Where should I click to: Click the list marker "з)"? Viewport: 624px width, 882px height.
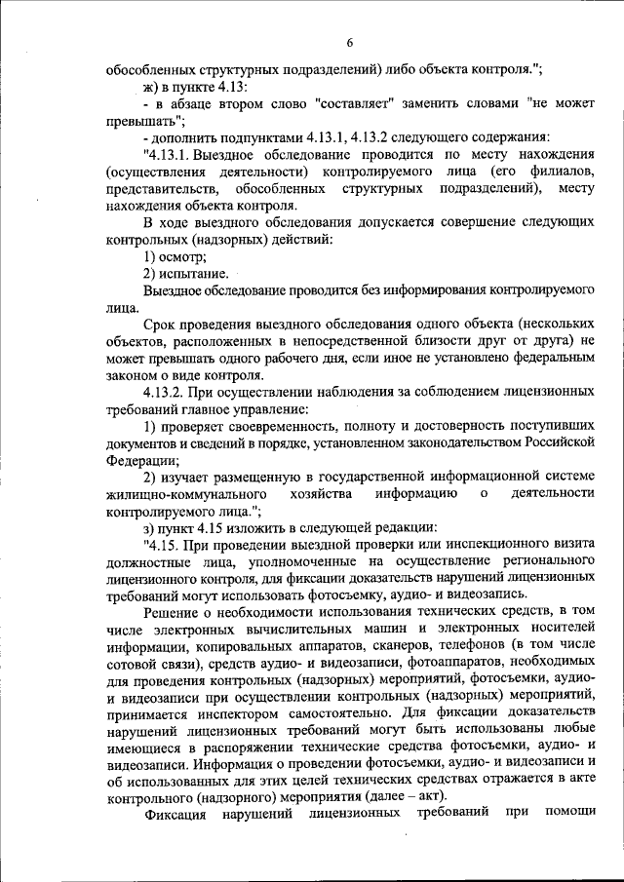(151, 527)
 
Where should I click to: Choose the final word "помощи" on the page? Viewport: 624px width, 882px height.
(565, 814)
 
